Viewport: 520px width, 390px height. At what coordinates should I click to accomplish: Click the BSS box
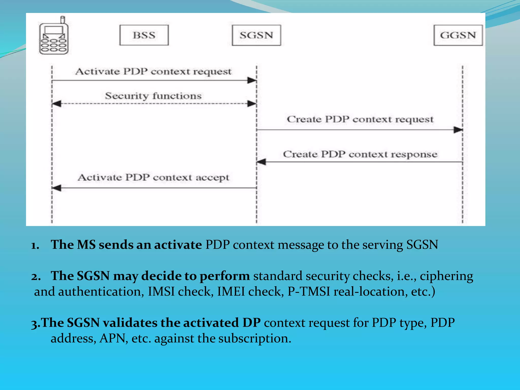[144, 35]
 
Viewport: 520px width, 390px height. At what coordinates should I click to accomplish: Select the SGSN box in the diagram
[256, 35]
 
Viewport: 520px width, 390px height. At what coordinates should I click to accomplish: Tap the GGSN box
[458, 35]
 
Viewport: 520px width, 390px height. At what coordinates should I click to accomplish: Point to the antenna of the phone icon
[63, 20]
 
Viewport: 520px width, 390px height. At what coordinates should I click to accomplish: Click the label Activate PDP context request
[153, 71]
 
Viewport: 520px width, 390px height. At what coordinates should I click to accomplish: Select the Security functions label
[153, 96]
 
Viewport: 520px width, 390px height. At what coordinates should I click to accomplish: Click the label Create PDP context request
[360, 119]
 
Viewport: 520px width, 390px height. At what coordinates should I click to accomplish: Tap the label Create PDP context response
[360, 154]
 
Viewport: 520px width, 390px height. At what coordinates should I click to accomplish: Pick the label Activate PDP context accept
[153, 177]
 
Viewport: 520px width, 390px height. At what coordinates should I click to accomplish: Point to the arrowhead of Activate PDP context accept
[57, 188]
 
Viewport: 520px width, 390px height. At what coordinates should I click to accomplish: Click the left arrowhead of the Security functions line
[57, 104]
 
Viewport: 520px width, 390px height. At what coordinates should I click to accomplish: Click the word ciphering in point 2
[446, 276]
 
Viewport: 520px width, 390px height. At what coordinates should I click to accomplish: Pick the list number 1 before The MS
[35, 245]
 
